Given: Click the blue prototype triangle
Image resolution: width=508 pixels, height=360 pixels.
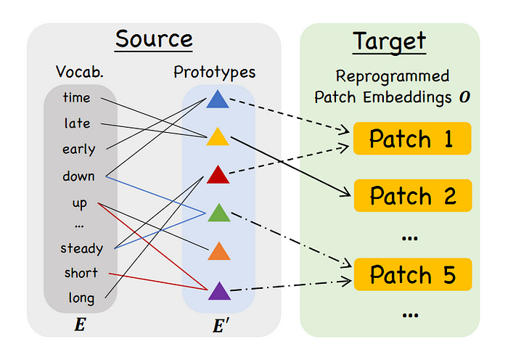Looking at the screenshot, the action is pos(218,100).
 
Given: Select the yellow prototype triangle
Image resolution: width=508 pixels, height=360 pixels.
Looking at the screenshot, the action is pos(218,138).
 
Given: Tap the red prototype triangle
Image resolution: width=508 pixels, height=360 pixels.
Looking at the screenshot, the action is pos(218,176).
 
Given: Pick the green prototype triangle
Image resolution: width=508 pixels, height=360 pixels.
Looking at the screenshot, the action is pos(219,214).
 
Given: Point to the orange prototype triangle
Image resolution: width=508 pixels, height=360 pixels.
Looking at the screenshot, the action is pos(219,252).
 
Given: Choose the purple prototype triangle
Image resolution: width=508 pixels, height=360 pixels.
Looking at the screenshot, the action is pos(219,292).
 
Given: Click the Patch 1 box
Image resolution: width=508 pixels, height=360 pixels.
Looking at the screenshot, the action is pos(412,139).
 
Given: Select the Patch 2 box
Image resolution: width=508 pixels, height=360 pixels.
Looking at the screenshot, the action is pos(413,196).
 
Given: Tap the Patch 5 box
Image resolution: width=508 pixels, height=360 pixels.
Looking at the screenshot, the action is pos(413,274).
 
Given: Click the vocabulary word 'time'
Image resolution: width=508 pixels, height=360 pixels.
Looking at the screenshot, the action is pos(76,97).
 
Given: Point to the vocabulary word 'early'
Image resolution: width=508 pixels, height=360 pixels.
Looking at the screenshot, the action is pos(78,150).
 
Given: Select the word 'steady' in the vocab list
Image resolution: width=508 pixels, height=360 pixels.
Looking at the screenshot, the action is pos(81,248).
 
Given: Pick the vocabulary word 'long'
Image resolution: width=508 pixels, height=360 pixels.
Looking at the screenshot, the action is pos(81,298).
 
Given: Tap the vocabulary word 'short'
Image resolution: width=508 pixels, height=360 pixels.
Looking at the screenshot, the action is pos(81,273).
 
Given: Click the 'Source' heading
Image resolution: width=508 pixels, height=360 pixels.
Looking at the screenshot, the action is pos(154,39).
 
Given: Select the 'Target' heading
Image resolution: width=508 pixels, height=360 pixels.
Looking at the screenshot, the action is pos(389,41).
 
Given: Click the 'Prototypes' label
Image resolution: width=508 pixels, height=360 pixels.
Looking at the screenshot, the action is pos(215,72).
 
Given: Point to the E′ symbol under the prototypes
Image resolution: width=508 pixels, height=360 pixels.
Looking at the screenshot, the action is pos(221,325).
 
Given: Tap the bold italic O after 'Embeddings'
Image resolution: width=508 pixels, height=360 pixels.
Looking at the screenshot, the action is pos(464,97).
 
